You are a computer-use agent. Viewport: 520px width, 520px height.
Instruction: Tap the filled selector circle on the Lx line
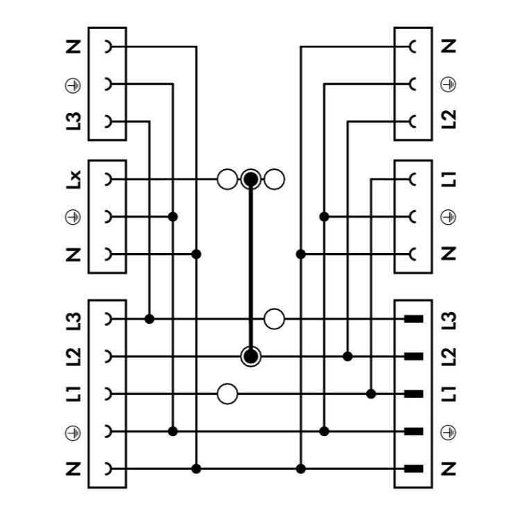(251, 180)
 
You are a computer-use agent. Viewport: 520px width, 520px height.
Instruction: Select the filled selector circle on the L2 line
(251, 356)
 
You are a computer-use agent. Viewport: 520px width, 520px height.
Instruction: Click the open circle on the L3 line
(275, 319)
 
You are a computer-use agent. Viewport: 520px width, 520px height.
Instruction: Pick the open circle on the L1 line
(227, 394)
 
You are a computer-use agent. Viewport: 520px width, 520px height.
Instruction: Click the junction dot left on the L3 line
(149, 319)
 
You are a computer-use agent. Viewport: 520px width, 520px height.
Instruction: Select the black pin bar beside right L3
(413, 319)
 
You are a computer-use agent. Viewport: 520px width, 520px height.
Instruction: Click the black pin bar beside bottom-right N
(413, 469)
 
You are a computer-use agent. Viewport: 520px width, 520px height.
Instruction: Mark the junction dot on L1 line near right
(371, 394)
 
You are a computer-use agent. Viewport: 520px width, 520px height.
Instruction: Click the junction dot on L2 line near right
(348, 356)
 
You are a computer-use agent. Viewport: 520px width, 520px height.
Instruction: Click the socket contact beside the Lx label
(107, 180)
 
